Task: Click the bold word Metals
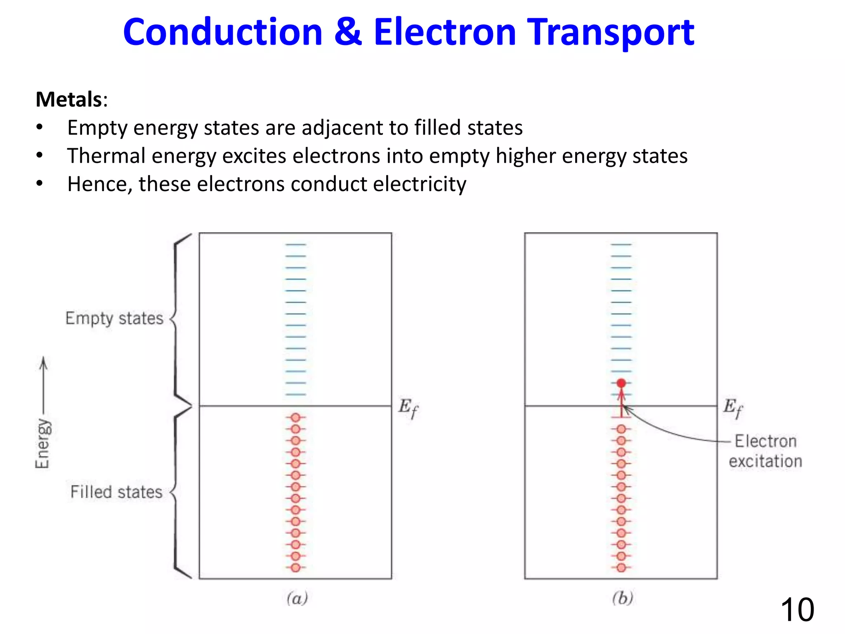point(69,99)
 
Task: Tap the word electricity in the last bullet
point(420,184)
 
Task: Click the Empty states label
point(114,319)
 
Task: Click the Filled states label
point(116,492)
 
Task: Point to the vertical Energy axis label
point(42,443)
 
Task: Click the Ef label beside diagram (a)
point(408,408)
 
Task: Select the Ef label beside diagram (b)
point(733,408)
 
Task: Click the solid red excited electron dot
point(621,383)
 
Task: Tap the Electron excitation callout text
point(765,451)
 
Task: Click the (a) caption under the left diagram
point(297,598)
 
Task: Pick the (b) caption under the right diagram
point(622,598)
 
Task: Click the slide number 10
point(797,610)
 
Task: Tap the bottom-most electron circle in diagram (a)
point(295,568)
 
